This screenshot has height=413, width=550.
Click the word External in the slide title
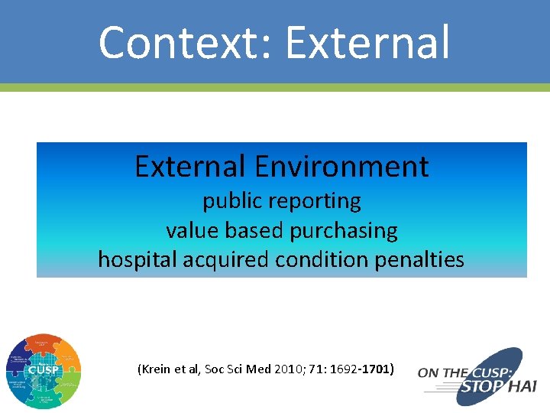click(367, 42)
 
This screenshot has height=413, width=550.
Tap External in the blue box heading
click(191, 166)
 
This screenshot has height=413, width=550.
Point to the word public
click(227, 201)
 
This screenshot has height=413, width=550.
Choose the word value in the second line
click(188, 230)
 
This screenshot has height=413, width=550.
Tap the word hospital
click(138, 260)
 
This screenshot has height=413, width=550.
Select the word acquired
click(220, 260)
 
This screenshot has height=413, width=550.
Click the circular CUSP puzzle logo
click(43, 371)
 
